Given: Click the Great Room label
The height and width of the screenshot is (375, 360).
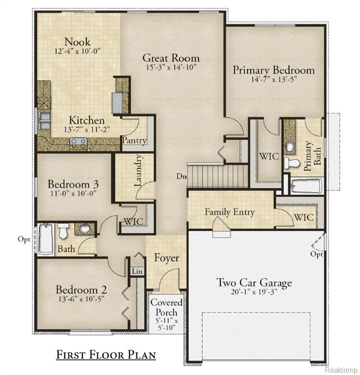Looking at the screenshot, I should (170, 58).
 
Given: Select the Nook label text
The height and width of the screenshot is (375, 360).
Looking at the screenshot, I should (77, 42).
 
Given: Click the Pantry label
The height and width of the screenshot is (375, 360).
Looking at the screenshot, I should (134, 141).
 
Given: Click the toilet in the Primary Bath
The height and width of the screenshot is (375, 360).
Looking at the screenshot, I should (292, 163).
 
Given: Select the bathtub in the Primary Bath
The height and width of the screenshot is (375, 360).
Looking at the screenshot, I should (306, 186).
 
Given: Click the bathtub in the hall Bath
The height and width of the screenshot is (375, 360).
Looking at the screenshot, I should (45, 239).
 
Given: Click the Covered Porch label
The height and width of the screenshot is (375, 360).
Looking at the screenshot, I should (167, 308).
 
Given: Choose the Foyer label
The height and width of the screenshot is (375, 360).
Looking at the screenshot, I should (167, 257).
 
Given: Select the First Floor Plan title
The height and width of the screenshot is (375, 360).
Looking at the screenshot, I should (106, 354).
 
